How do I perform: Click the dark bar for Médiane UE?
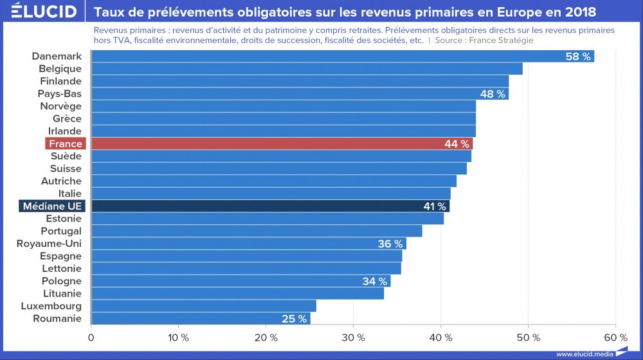coord(270,206)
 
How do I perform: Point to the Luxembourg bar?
coord(203,306)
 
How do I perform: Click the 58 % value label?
coord(578,57)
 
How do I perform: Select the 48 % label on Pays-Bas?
coord(493,94)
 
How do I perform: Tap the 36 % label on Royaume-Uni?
coord(390,244)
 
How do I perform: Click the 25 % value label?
coord(294,318)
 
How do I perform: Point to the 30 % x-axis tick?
coord(353,337)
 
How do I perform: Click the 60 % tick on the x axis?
coord(615,337)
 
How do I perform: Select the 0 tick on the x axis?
coord(91,337)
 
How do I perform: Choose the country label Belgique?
coord(60,69)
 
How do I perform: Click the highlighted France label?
coord(66,143)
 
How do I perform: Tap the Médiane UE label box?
coord(52,206)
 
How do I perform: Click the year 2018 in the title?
coord(579,12)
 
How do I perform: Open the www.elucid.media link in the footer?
coord(583,354)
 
